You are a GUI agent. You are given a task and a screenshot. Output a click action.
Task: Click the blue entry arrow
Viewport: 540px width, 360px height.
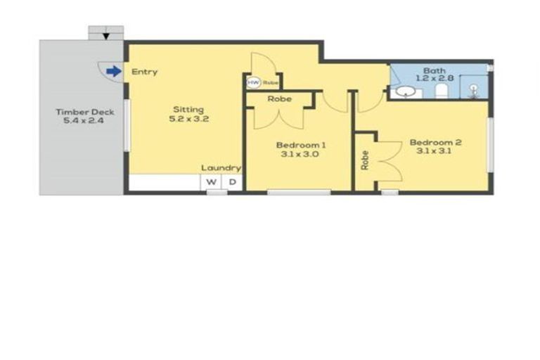[x=112, y=70]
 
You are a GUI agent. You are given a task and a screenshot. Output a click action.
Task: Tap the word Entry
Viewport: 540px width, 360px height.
[x=144, y=72]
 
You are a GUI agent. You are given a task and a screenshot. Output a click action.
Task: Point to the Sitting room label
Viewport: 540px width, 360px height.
[x=188, y=109]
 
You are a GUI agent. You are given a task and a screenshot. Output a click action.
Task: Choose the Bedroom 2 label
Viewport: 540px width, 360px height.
[x=435, y=142]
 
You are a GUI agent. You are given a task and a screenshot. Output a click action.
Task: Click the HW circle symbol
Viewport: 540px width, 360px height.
[x=252, y=82]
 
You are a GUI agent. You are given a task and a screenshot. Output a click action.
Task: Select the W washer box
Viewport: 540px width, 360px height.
[x=211, y=183]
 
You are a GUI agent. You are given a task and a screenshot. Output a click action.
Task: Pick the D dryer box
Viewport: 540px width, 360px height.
[x=232, y=183]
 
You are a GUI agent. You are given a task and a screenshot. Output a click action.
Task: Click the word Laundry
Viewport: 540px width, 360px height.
[x=221, y=168]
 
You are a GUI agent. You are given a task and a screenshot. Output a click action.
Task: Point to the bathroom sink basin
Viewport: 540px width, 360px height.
[x=404, y=91]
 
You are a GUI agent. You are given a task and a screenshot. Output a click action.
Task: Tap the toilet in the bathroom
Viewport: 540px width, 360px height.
[x=441, y=92]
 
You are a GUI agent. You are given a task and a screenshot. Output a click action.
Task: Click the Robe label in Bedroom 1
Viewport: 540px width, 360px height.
[x=279, y=99]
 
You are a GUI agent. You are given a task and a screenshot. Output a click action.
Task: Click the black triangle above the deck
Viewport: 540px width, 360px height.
[x=105, y=36]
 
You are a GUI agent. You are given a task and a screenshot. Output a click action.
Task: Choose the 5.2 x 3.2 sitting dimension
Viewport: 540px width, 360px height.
[x=188, y=119]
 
